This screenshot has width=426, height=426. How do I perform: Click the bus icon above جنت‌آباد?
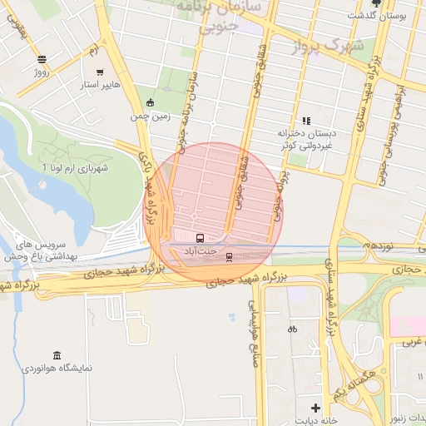point(199,238)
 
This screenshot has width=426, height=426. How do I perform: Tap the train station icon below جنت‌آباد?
point(229,257)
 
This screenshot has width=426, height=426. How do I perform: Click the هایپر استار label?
point(101,85)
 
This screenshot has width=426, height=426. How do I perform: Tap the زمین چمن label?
point(151,116)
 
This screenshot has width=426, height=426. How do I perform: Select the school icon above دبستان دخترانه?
point(306,121)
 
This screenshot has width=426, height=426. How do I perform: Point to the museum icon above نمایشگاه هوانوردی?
point(57,355)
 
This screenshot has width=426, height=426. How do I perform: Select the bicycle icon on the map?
point(292,329)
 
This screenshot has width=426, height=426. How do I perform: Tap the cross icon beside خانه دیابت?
point(315,407)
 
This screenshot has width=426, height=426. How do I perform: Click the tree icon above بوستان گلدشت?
point(376,3)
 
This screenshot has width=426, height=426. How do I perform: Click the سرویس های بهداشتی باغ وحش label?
point(35,250)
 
